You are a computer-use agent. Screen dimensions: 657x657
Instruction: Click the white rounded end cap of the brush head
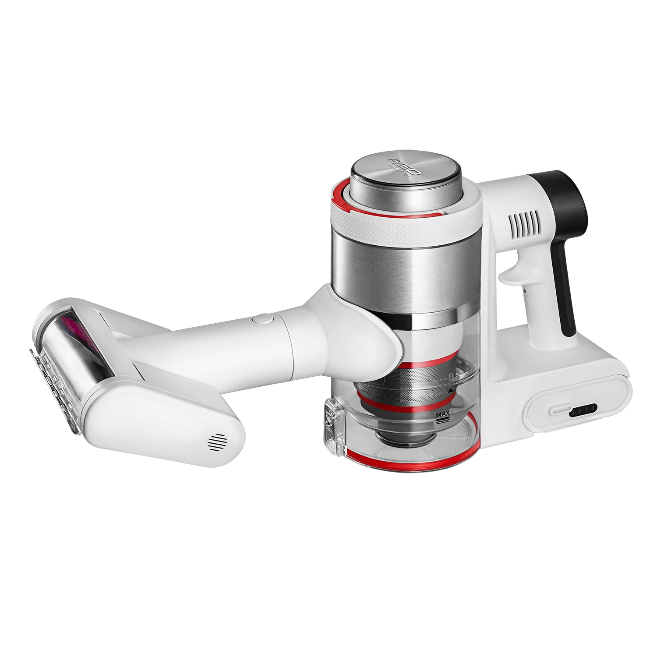171,425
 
